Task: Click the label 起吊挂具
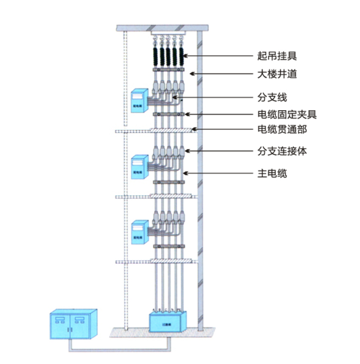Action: tap(277, 56)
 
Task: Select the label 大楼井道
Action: tap(277, 75)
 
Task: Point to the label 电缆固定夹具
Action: tap(287, 114)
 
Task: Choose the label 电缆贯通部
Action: tap(282, 129)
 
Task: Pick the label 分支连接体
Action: tap(282, 152)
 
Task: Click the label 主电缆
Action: tap(272, 173)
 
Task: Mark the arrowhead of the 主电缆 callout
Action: tap(183, 173)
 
